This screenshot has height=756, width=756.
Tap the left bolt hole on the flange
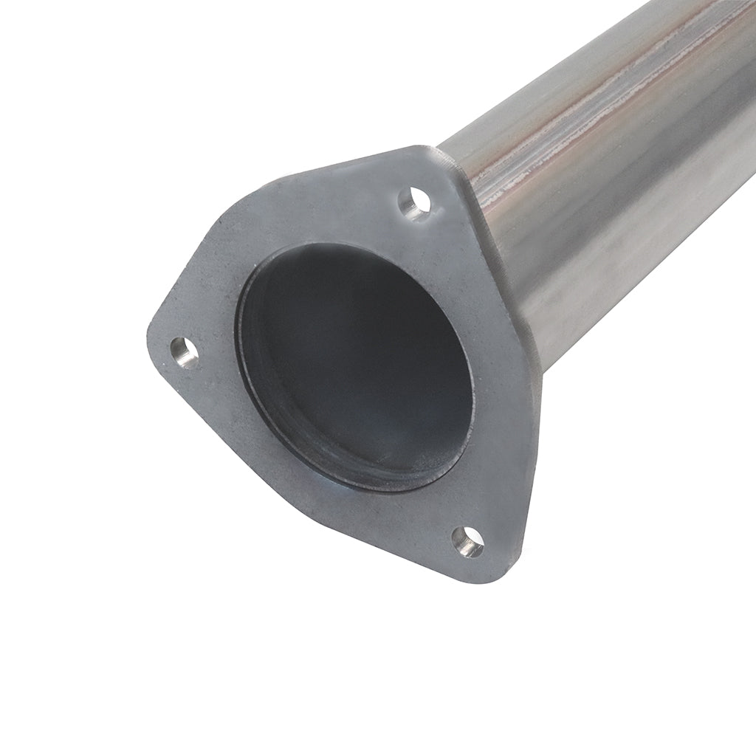[x=185, y=352]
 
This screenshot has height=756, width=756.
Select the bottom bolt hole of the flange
[x=468, y=543]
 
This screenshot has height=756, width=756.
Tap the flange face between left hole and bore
[x=214, y=347]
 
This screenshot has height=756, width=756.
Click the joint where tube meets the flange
[x=472, y=177]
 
